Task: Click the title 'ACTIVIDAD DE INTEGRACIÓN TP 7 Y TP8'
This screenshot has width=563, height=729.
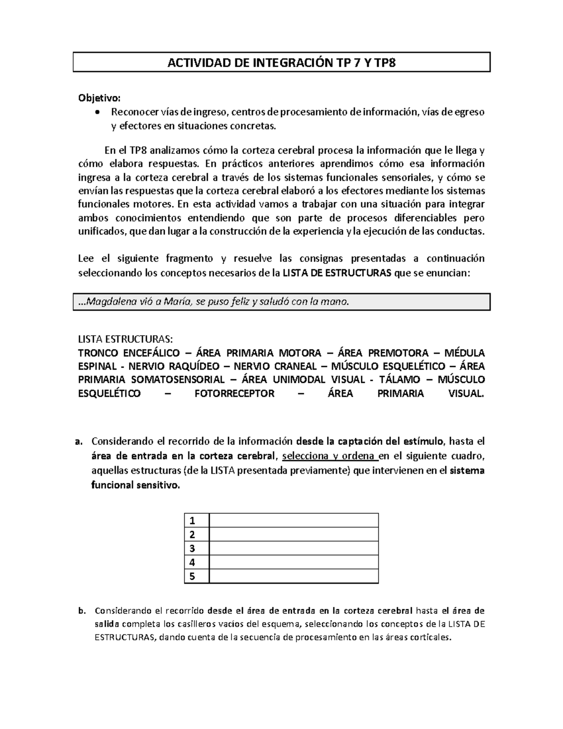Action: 281,62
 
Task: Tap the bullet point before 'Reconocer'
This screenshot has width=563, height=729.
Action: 97,112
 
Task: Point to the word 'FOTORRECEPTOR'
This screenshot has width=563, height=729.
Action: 234,393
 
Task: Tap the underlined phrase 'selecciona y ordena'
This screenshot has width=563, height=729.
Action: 330,456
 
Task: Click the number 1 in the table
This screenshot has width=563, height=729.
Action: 191,521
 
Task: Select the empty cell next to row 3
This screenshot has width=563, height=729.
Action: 294,548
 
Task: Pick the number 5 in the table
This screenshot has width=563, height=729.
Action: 191,576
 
